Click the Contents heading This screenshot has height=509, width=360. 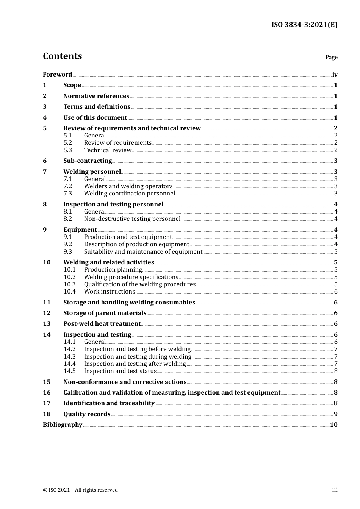(62, 56)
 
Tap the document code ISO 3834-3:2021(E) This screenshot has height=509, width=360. (304, 25)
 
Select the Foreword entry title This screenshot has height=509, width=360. (57, 75)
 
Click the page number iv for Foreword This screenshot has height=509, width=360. (335, 75)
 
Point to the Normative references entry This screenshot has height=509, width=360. (96, 96)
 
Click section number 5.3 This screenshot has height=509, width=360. (67, 150)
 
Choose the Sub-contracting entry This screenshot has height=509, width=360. (88, 161)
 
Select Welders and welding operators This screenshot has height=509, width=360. (128, 186)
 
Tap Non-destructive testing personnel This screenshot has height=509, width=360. (132, 219)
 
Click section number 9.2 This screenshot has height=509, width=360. (67, 244)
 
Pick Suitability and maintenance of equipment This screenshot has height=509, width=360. (143, 252)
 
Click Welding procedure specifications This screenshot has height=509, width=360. (131, 277)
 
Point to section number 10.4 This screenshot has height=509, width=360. (69, 292)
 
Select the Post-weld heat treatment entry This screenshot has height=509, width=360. (102, 324)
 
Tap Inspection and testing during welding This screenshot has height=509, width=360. (138, 357)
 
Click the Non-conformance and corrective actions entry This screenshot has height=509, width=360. (125, 382)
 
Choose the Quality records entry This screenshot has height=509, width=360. (87, 414)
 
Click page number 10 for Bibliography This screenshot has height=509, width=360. (333, 425)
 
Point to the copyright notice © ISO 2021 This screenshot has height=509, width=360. (80, 490)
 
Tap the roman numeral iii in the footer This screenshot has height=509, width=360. (335, 490)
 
